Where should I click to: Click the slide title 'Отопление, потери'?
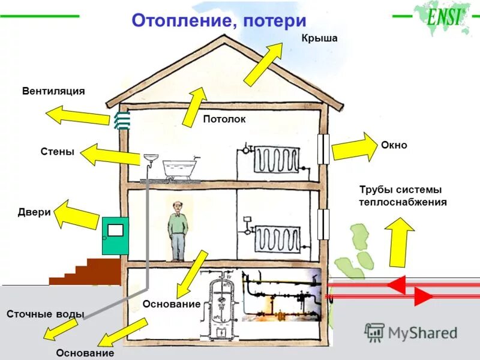218,21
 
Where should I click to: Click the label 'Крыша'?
319,38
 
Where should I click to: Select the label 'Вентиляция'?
53,91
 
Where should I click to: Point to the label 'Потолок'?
224,119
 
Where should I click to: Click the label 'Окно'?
394,145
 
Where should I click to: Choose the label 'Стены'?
58,152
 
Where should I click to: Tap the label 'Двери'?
34,212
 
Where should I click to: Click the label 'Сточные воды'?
45,314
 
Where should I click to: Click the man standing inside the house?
178,231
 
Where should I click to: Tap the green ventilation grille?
122,119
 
